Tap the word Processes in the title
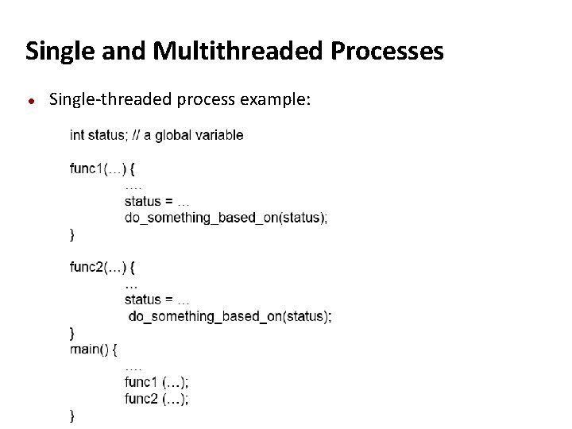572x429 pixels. click(x=387, y=52)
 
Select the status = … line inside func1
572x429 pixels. click(x=157, y=201)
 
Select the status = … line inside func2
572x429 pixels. click(x=157, y=300)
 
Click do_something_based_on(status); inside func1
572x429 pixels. click(x=226, y=218)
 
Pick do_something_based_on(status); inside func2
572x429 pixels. click(x=230, y=316)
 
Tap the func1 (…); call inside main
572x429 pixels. click(x=157, y=382)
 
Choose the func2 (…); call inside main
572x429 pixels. click(x=157, y=399)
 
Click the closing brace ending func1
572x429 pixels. click(x=72, y=234)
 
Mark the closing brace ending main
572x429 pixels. click(x=72, y=415)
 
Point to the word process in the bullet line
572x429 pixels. click(x=206, y=99)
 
